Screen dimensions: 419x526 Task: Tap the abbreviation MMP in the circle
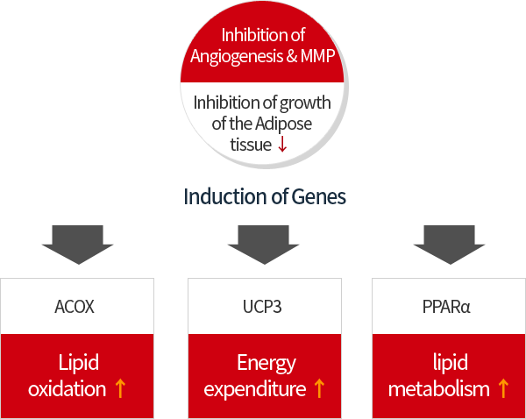pos(317,56)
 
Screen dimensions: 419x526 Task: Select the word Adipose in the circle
pos(283,124)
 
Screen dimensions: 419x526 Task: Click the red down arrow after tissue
pos(282,146)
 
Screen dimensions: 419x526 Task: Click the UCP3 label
pos(262,307)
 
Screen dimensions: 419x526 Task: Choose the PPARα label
pos(448,307)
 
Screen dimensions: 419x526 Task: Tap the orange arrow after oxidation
pos(120,388)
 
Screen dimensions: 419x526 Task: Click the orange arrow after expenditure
pos(319,388)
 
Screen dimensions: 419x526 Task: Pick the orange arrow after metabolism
pos(502,388)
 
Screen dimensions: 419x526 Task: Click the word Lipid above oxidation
pos(79,363)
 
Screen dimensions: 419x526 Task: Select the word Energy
pos(267,363)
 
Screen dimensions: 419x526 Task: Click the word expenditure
pos(254,388)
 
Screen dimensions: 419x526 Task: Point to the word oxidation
pos(67,388)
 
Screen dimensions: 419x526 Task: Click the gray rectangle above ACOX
pos(77,245)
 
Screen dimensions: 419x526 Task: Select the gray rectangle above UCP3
pos(263,245)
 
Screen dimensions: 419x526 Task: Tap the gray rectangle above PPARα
pos(448,245)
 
